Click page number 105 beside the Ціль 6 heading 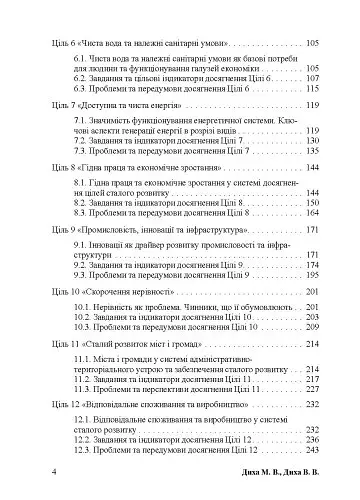coord(313,45)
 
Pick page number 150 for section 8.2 coord(313,202)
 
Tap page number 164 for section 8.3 coord(313,213)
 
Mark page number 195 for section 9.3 coord(313,273)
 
